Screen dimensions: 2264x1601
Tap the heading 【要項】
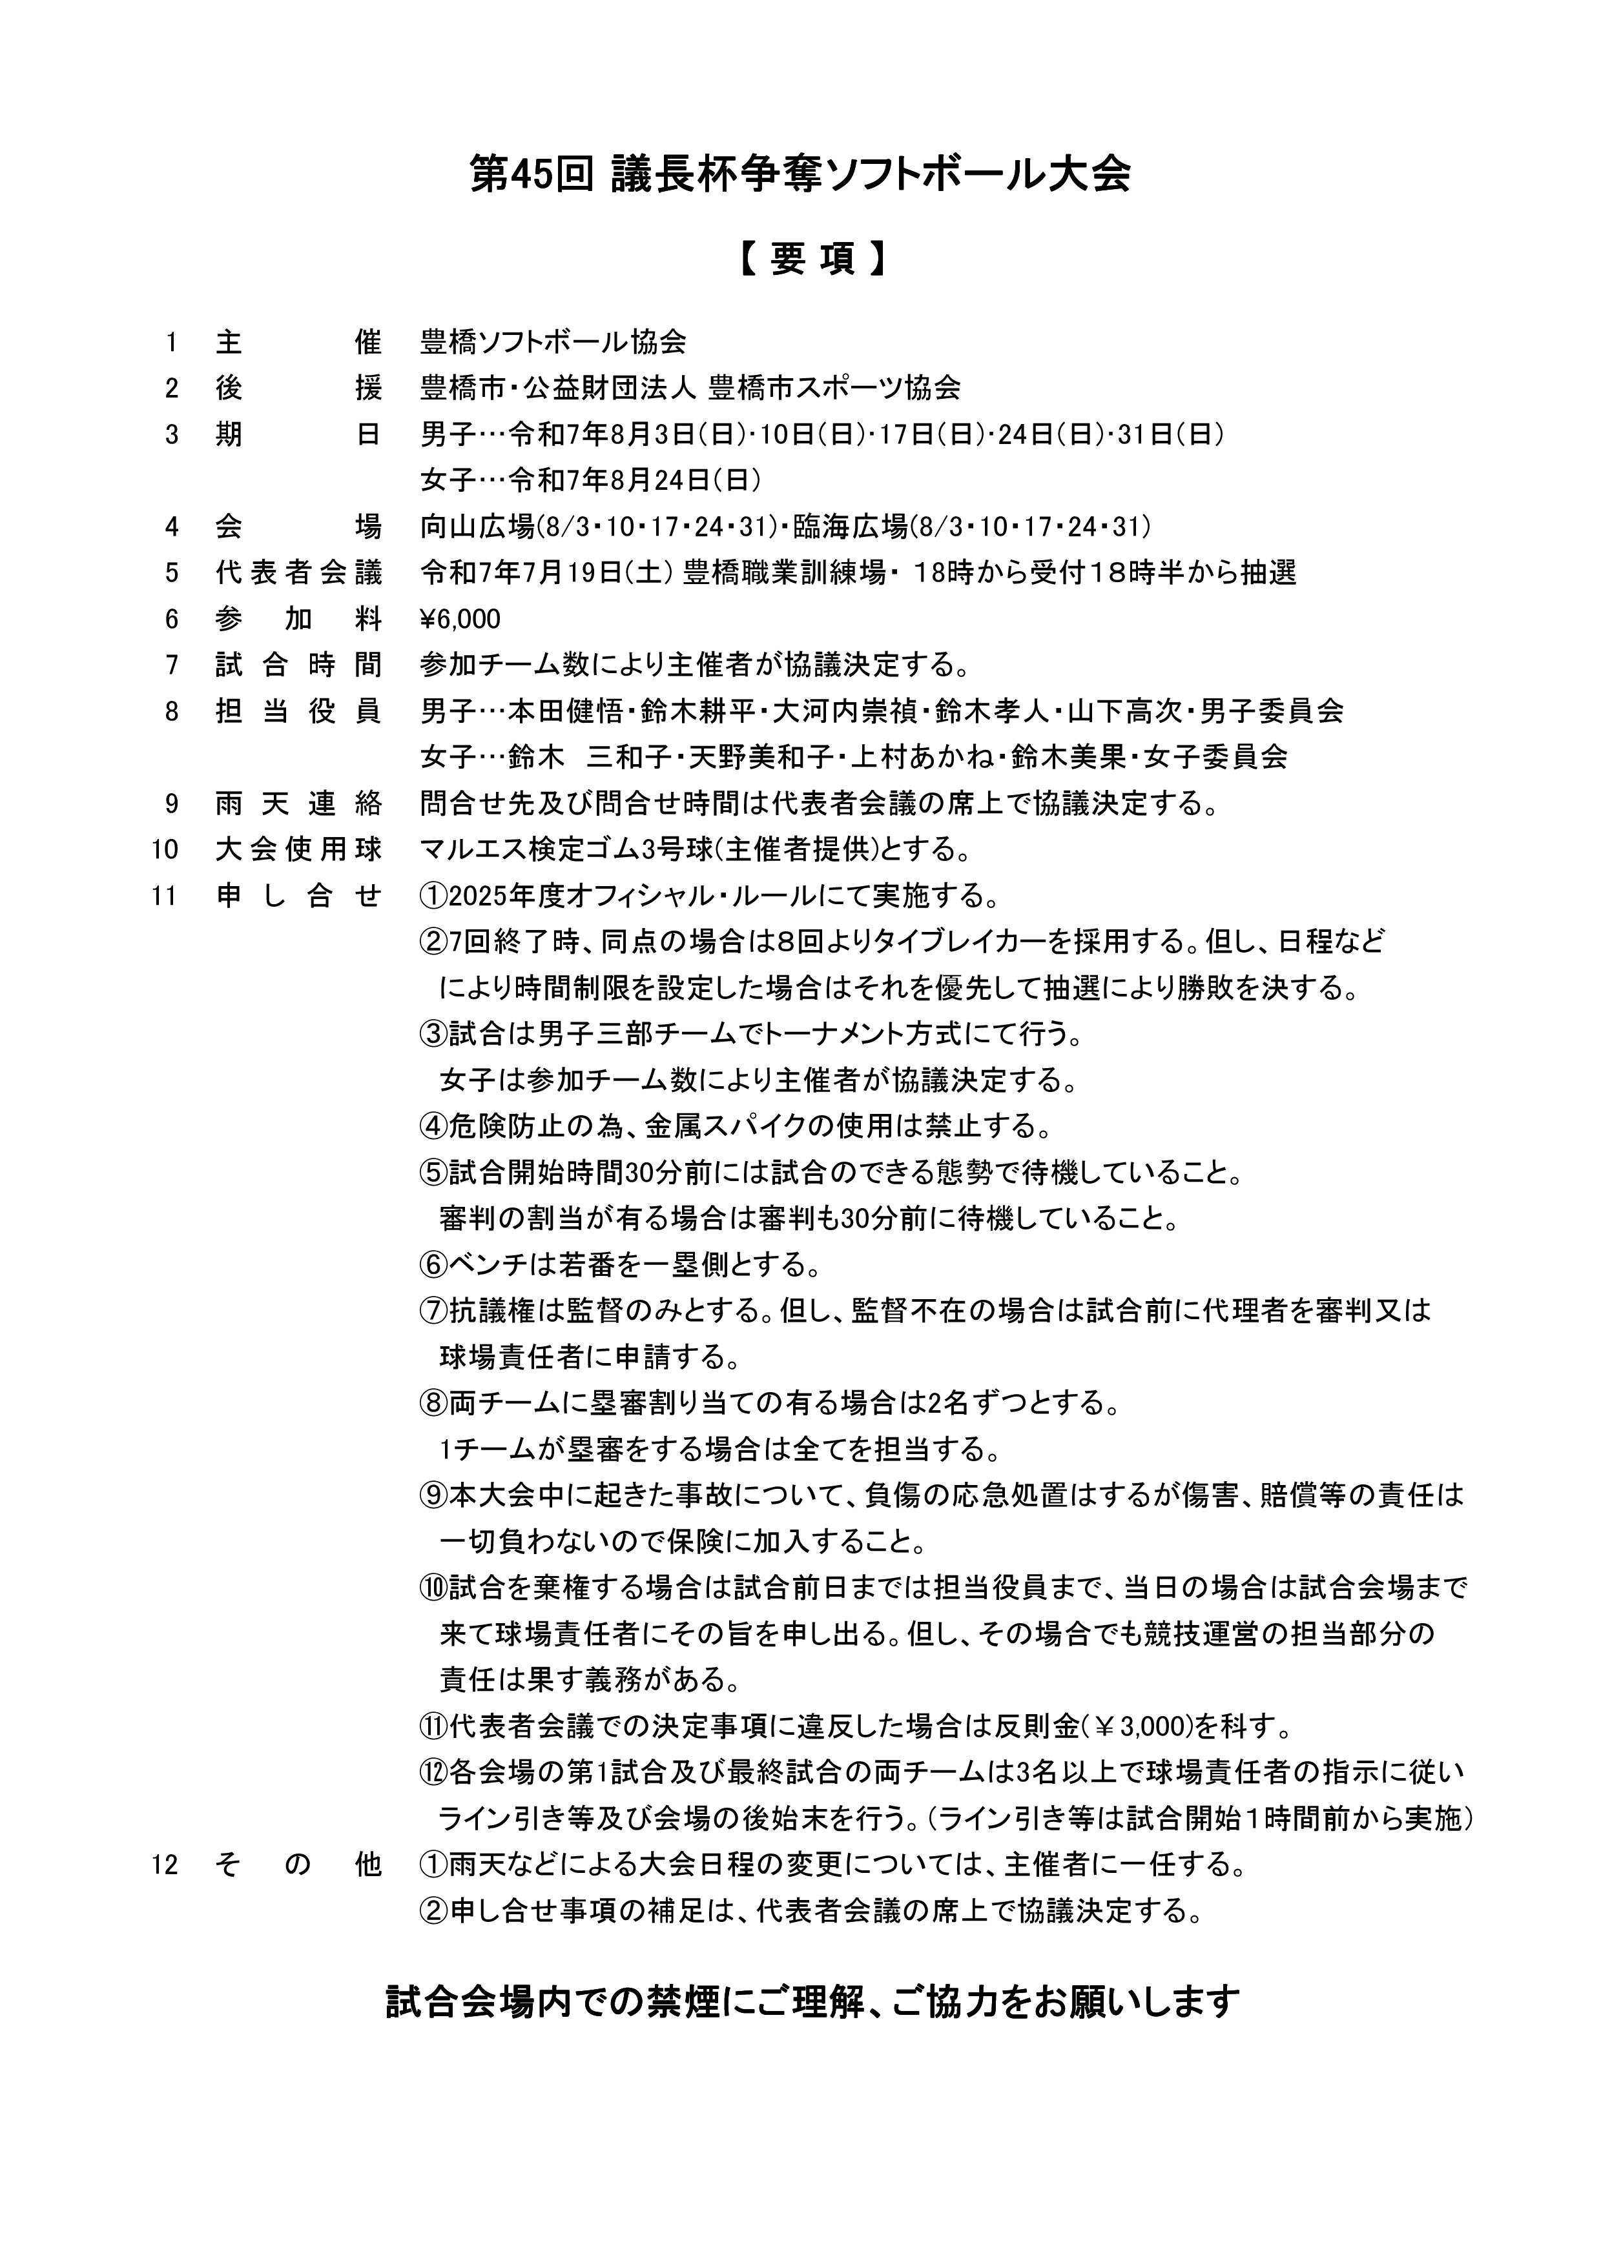click(x=800, y=259)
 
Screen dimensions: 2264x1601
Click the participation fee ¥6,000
click(x=460, y=620)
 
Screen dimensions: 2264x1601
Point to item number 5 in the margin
click(x=172, y=573)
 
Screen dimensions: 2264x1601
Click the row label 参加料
click(x=298, y=620)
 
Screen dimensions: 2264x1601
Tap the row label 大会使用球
click(x=298, y=849)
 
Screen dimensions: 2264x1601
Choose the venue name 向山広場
click(x=477, y=527)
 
